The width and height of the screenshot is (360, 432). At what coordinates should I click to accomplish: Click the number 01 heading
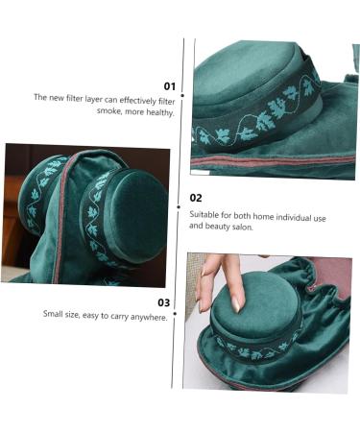pyautogui.click(x=169, y=85)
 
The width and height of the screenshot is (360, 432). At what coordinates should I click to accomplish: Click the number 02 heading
pyautogui.click(x=195, y=198)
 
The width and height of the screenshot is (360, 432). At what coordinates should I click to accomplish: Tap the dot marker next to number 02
pyautogui.click(x=182, y=202)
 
